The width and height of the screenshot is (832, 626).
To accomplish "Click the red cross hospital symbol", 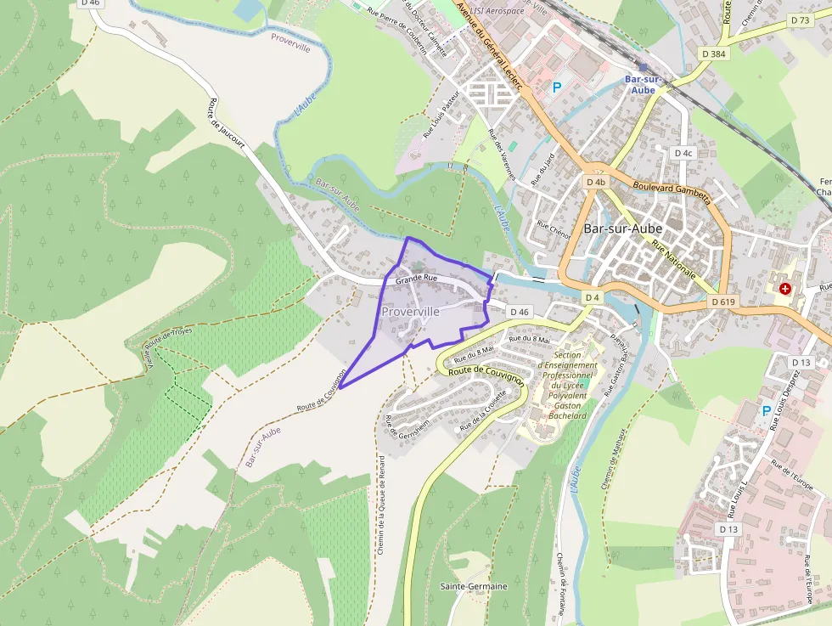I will point(785,290).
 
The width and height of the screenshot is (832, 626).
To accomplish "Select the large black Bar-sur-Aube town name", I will point(623,228).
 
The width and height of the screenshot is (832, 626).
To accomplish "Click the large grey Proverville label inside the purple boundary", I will point(411,312).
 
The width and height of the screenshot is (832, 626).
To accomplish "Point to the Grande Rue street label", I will point(416,278).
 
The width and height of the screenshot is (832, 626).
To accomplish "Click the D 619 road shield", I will point(723,302).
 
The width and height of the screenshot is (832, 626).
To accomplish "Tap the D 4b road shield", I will point(596,182).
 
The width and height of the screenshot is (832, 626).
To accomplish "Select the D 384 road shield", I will point(713,54).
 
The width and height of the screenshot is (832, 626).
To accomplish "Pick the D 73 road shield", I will point(800,20).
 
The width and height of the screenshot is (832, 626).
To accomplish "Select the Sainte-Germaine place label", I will point(474,586).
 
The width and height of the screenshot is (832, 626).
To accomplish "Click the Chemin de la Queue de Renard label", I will point(381,505).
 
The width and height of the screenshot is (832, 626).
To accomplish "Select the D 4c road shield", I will point(683,153).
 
